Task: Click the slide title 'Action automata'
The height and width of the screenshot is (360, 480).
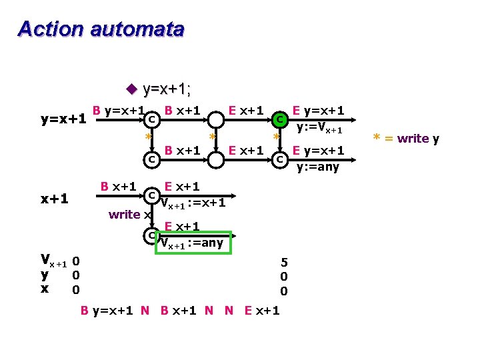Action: [x=101, y=29]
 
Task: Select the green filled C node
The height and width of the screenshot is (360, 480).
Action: [x=281, y=119]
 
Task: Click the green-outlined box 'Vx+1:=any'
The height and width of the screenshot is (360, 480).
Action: [x=193, y=243]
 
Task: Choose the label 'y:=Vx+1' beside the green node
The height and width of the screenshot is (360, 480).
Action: [x=319, y=129]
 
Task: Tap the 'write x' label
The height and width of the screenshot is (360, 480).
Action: [x=125, y=214]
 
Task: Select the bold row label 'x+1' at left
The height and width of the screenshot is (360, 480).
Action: [x=54, y=199]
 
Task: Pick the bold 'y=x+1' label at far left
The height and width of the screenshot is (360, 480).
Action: [x=63, y=119]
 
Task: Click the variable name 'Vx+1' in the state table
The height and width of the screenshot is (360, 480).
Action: [x=53, y=260]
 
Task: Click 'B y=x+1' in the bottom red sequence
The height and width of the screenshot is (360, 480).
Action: [x=108, y=310]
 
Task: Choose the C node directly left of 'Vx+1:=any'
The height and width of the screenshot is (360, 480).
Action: [x=152, y=235]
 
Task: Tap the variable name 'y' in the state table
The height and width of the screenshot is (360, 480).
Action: [x=44, y=274]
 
